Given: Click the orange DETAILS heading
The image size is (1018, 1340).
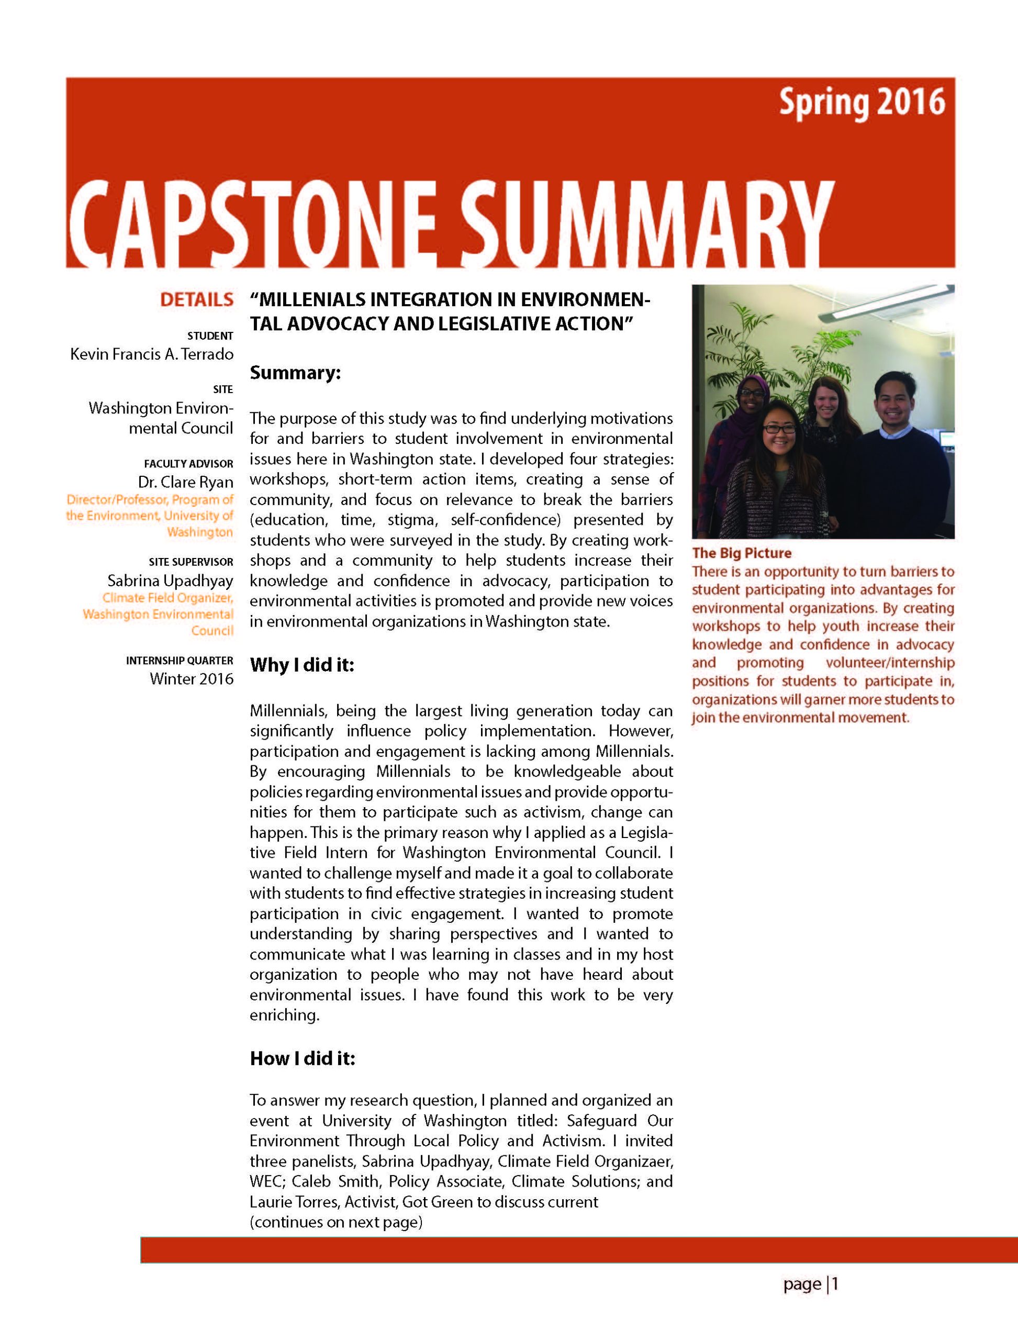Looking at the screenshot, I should coord(196,299).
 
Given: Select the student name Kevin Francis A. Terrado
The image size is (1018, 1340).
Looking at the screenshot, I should coord(151,354).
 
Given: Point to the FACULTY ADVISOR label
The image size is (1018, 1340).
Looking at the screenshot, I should coord(188,464).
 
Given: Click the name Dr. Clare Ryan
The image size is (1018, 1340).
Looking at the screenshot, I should coord(185,483).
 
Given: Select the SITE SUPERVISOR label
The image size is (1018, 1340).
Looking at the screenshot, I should coord(191,562).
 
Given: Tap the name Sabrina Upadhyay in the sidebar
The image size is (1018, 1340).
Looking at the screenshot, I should coord(170,580).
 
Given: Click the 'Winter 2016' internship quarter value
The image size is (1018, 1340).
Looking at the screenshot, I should coord(191,678).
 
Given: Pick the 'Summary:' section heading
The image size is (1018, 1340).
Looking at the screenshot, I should coord(295,372).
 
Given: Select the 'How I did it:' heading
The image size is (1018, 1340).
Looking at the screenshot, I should coord(302,1058).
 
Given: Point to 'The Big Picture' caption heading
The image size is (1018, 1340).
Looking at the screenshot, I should coord(741,553).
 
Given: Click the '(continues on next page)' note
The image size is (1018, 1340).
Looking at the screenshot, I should coord(335,1221).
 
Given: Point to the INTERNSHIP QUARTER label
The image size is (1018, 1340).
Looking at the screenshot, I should coord(180,660).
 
